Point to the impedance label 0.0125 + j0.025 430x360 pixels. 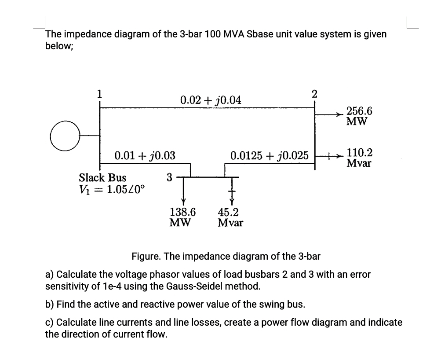coord(269,155)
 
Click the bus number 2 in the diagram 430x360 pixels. coord(314,93)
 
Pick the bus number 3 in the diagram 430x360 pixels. coord(170,177)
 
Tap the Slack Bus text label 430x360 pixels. coord(102,178)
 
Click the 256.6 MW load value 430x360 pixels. coord(360,116)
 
